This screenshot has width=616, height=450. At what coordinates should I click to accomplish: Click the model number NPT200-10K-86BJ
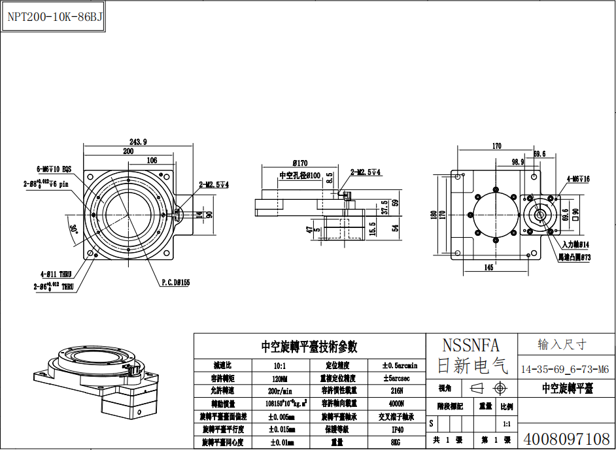pyautogui.click(x=55, y=17)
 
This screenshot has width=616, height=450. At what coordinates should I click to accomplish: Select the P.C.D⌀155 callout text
pyautogui.click(x=175, y=283)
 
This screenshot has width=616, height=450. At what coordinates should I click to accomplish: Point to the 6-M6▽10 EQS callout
pyautogui.click(x=58, y=168)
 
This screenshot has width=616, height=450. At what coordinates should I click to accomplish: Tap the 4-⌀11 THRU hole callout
pyautogui.click(x=55, y=275)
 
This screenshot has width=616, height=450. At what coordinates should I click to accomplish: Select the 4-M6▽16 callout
pyautogui.click(x=578, y=178)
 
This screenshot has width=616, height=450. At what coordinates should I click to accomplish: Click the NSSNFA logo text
pyautogui.click(x=471, y=345)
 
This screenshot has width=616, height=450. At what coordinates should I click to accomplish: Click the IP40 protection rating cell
pyautogui.click(x=397, y=429)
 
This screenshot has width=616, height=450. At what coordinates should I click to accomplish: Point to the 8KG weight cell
pyautogui.click(x=397, y=442)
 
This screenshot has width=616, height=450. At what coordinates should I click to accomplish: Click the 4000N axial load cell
pyautogui.click(x=397, y=404)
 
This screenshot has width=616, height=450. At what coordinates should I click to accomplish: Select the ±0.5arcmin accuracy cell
pyautogui.click(x=397, y=365)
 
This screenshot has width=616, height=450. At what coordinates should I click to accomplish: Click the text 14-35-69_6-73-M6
pyautogui.click(x=565, y=369)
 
